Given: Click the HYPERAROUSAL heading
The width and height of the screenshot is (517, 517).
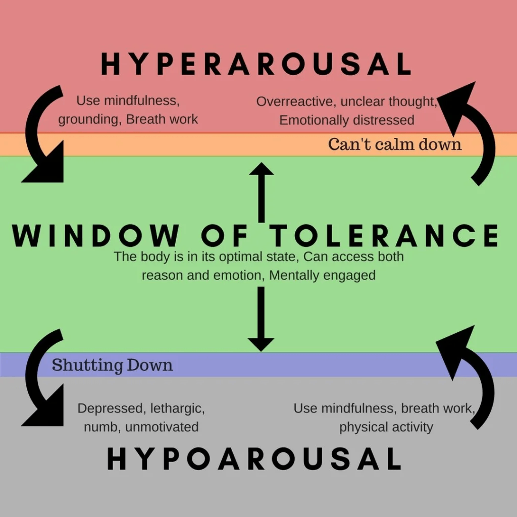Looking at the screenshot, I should tap(256, 65).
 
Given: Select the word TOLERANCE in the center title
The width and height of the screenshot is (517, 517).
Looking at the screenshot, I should tap(384, 236).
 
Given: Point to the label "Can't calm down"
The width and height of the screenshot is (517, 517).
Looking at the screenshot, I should tap(395, 144).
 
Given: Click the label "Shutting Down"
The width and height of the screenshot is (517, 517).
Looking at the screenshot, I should tap(112, 365).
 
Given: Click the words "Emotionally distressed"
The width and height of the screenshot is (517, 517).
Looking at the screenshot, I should tap(346, 120).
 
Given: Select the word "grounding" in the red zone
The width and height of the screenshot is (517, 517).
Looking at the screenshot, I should tap(89, 120).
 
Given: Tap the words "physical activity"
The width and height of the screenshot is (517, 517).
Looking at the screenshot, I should tap(386, 427).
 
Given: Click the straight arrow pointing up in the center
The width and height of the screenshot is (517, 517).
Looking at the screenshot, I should tap(261, 192).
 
